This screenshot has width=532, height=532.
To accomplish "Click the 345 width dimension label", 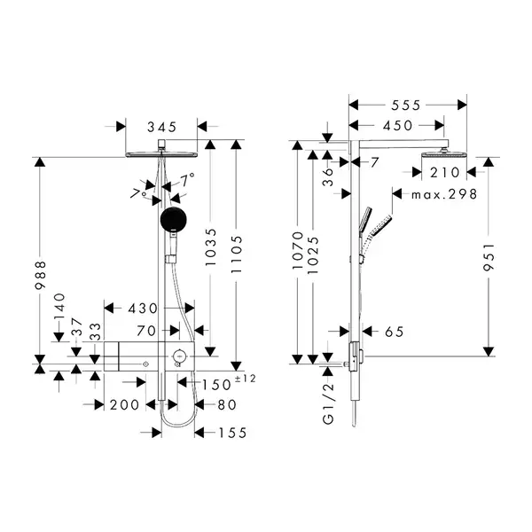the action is pos(162,127).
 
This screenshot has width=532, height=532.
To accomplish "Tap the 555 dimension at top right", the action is pos(406,106).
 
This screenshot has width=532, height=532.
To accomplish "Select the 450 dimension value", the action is pos(397,126).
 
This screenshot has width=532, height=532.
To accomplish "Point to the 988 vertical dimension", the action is pos(41,275).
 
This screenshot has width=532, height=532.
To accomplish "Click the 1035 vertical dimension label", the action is pos(211,247).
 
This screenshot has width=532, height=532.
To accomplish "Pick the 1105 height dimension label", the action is pos(237,254).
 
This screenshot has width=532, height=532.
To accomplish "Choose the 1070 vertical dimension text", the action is pos(298,250).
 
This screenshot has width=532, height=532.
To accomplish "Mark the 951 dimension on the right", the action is pos(489,257).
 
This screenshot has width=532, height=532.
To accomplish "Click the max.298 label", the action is pos(444,194).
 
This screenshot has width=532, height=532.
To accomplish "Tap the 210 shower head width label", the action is pos(445,173).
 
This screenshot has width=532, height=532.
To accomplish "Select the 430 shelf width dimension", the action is pos(143,309).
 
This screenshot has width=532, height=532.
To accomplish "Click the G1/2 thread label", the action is pos(328,403).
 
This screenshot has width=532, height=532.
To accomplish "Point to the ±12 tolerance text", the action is pos(245,379).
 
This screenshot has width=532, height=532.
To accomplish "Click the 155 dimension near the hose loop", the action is pos(232,433).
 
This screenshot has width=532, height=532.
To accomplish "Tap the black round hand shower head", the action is pos(174,220).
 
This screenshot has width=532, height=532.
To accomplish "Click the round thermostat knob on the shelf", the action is pos(179,356).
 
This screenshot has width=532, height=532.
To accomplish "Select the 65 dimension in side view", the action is pos(395,332).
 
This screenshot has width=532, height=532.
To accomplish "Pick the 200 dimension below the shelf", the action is pos(124,405).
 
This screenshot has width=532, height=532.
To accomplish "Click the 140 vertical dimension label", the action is pos(59,306).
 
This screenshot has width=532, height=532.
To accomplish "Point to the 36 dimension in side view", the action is pos(328,176).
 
